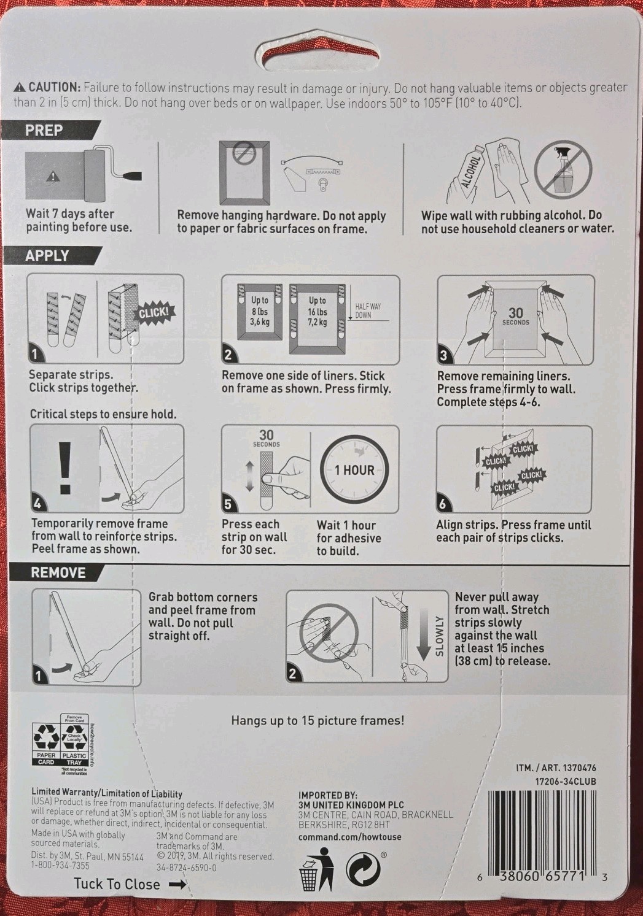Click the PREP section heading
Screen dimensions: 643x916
pos(44,131)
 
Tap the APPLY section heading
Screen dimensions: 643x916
pos(47,256)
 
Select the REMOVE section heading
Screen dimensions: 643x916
pos(58,572)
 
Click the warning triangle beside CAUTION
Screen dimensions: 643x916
pos(20,87)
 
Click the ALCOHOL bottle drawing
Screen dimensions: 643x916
pos(466,174)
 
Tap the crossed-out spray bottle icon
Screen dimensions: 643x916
pos(563,171)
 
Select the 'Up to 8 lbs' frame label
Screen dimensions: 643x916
pos(260,311)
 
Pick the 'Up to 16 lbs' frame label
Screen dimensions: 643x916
pos(318,311)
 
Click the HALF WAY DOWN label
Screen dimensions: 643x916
pos(362,311)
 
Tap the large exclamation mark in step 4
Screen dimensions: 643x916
pos(64,468)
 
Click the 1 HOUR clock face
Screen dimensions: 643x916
pos(354,470)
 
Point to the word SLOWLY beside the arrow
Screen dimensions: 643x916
pos(439,636)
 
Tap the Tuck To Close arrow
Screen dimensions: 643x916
pos(177,883)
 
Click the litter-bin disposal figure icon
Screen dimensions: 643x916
pos(316,869)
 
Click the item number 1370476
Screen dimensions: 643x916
pos(579,768)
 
